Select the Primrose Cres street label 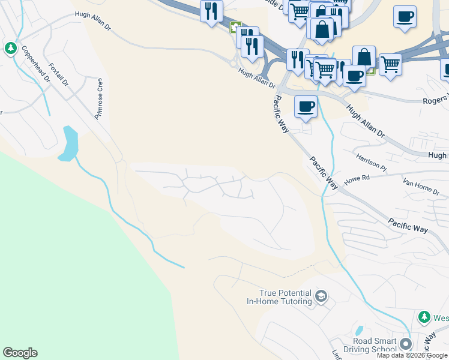98,99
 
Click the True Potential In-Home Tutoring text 279,297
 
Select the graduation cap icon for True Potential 322,296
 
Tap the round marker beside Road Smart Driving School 406,344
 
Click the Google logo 20,353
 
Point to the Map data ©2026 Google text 412,355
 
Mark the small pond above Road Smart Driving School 359,330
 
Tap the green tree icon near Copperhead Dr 10,48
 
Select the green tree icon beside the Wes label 424,317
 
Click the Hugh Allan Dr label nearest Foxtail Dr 92,21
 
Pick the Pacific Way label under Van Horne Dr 408,226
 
